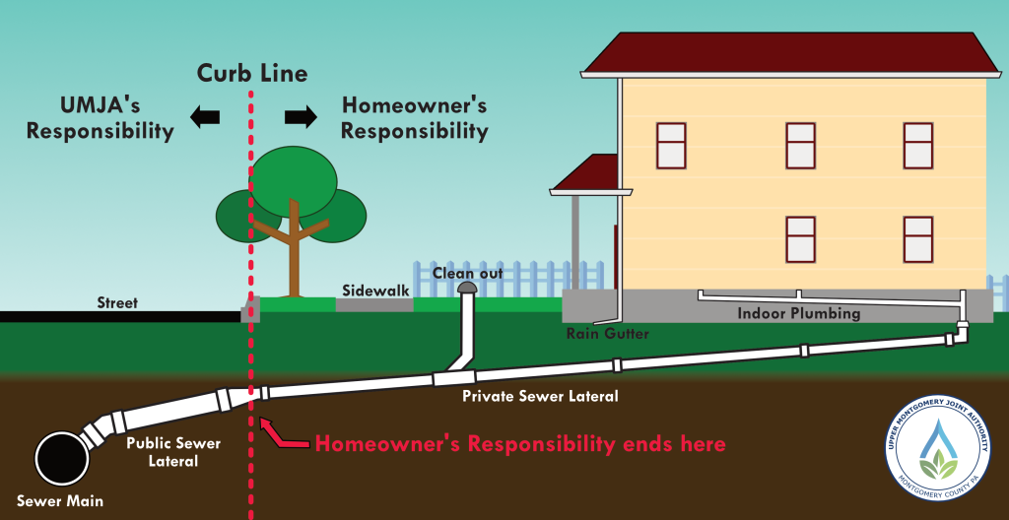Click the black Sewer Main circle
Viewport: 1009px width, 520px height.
(61, 457)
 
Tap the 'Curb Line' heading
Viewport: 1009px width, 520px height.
(252, 73)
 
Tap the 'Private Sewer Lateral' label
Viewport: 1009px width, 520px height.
(541, 396)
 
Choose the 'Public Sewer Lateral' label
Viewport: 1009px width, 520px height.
(173, 451)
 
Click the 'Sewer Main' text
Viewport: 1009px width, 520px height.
(60, 500)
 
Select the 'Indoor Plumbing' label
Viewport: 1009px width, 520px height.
(799, 314)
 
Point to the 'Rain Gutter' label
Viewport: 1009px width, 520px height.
(607, 334)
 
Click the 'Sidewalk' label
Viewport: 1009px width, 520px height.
(375, 291)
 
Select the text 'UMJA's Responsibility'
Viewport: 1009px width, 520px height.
(101, 117)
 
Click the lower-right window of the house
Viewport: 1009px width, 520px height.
(917, 238)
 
